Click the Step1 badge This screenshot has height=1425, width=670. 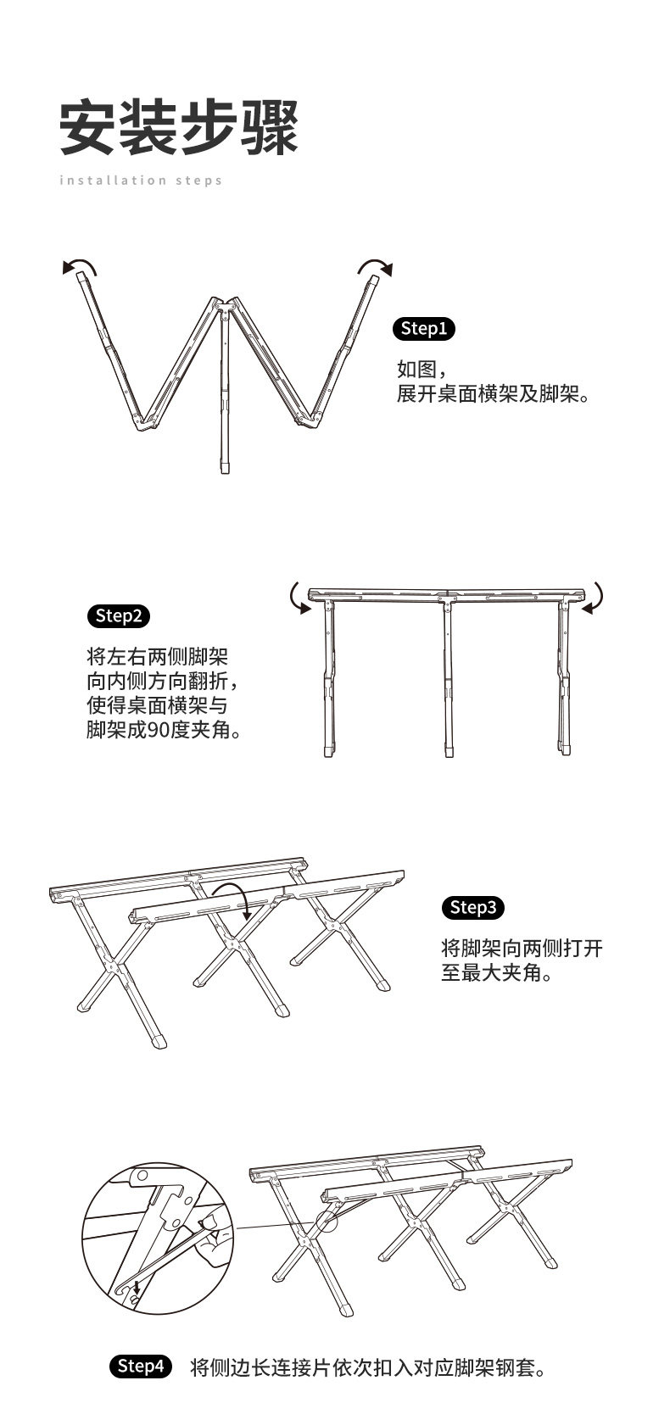(x=424, y=329)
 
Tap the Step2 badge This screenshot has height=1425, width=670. (x=119, y=615)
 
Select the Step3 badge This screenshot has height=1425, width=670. (x=473, y=908)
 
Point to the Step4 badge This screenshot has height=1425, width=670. (x=141, y=1366)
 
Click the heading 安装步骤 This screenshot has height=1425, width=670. (x=179, y=127)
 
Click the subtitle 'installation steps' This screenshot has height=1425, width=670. (x=141, y=180)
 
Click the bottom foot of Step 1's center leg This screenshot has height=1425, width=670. (x=225, y=467)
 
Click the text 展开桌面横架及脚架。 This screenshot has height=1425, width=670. (x=493, y=394)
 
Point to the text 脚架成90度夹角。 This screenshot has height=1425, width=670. (x=163, y=729)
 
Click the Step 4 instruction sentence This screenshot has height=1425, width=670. (x=367, y=1367)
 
